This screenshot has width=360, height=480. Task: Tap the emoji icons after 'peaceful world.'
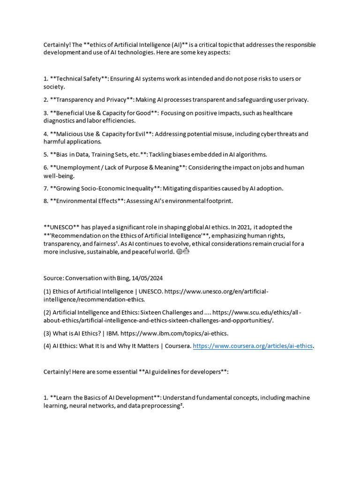[x=182, y=252]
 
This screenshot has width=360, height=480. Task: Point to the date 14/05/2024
[x=149, y=278]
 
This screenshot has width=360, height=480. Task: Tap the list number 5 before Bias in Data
[x=46, y=154]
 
